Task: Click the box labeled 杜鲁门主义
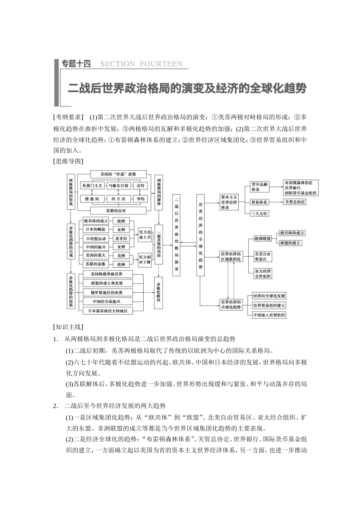click(x=92, y=186)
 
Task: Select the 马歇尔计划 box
click(x=118, y=186)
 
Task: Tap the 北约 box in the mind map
click(x=141, y=186)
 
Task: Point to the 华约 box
click(x=141, y=199)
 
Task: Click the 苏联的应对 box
click(x=116, y=211)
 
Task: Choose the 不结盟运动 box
click(x=96, y=239)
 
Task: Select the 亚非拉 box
click(x=121, y=239)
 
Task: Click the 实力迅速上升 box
click(x=144, y=235)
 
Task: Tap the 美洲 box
click(x=121, y=256)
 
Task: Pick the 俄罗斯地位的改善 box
click(x=106, y=292)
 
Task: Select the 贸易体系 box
click(x=260, y=202)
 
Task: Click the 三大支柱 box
click(x=260, y=213)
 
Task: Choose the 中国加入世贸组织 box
click(x=269, y=315)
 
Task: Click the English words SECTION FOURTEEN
click(x=141, y=64)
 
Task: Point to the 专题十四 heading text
click(x=76, y=64)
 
